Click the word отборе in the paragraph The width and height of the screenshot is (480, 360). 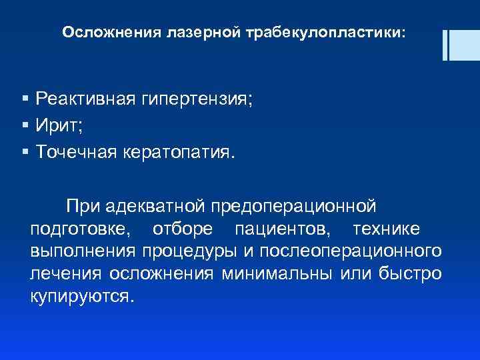point(183,229)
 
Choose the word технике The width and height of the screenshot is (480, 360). point(386,229)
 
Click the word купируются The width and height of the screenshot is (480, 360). point(82,297)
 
